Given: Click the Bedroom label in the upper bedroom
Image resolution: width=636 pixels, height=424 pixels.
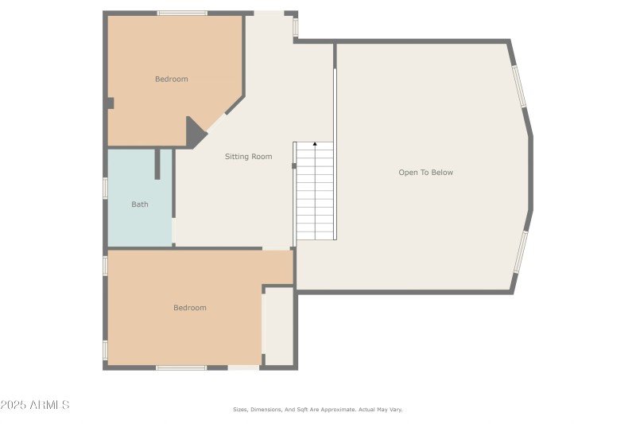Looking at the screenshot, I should coord(171,79).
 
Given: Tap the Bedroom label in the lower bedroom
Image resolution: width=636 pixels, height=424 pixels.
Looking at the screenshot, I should coord(190,308).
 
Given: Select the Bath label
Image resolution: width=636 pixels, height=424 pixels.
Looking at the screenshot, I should coord(140,204).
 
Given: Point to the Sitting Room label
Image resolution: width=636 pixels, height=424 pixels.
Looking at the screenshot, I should coord(248,157).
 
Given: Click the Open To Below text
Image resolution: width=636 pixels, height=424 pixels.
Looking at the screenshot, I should coord(425,173).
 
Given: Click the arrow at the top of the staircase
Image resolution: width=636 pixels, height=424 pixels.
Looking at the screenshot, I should coord(315,144).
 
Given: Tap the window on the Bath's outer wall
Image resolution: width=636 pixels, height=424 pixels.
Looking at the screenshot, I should coord(105,188).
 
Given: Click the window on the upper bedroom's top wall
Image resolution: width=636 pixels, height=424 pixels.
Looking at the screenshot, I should coord(182,13).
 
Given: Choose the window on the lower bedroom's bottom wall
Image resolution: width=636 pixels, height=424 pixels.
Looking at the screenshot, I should coord(181,368).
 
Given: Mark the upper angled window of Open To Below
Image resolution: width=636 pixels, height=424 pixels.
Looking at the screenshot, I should coord(519,87).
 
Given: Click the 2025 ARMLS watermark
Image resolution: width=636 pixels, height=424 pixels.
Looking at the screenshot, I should coord(36,405).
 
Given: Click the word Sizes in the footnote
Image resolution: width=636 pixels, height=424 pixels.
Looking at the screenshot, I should coord(239,410).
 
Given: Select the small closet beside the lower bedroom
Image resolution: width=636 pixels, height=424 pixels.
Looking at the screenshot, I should coord(279,326).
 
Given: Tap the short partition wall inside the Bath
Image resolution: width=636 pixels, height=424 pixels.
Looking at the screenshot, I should coord(157,164).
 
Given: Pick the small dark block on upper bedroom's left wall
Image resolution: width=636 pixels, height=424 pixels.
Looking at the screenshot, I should coord(111,103).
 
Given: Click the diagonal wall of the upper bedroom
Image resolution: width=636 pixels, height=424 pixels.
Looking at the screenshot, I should coord(234,105).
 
